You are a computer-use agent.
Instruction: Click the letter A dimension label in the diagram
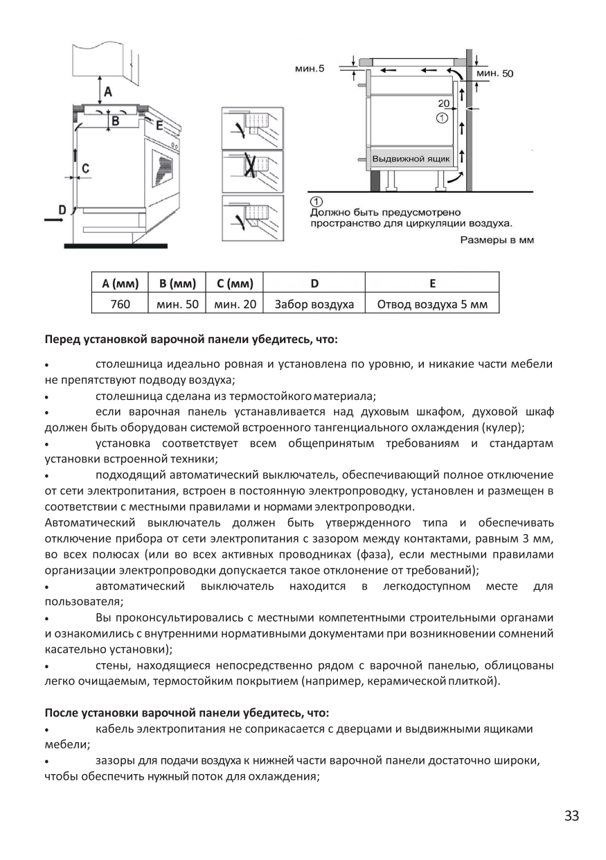coord(107,91)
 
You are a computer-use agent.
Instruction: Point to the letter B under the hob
coord(116,121)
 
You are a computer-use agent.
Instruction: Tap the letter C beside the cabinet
coord(86,168)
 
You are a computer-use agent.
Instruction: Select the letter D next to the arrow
coord(61,209)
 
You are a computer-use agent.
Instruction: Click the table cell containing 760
coord(120,304)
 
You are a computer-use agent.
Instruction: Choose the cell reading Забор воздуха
coord(314,304)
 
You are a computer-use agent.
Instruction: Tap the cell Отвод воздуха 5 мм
coord(432,304)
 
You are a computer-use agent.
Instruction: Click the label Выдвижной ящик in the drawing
coord(411,159)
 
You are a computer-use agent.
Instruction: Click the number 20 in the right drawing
coord(444,103)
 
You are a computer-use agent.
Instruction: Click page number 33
coord(571,816)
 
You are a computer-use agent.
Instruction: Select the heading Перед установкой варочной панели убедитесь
coord(191,340)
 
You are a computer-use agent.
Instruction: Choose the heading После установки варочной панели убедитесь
coord(187,712)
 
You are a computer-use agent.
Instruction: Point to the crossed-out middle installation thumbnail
coord(252,170)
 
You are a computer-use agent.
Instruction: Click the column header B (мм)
coord(177,283)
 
